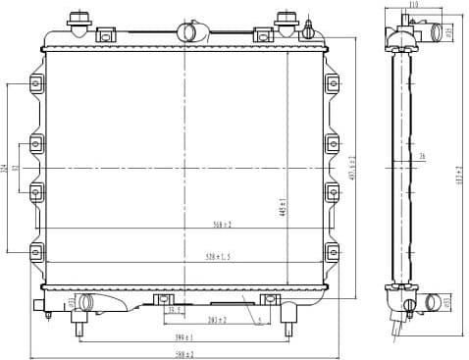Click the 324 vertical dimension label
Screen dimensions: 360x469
tap(6, 168)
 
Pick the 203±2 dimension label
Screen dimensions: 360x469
tap(217, 320)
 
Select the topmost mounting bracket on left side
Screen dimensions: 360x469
tap(36, 85)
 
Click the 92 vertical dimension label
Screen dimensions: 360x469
tap(26, 168)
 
